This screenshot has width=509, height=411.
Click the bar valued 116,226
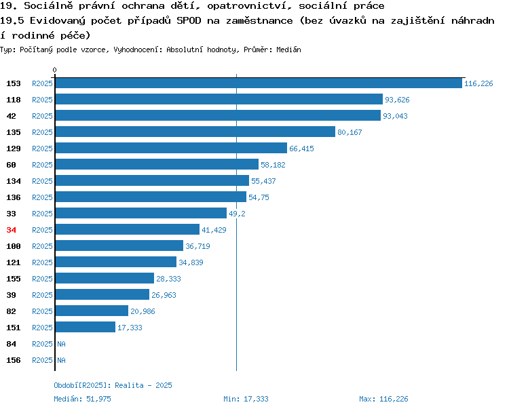pos(259,83)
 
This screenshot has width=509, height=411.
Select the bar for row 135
pos(195,132)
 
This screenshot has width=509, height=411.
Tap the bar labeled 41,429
pos(128,229)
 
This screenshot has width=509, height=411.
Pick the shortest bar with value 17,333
pos(86,327)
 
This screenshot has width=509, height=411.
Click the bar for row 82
pos(92,311)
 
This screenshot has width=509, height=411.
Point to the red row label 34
pos(11,230)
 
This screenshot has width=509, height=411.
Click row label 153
pos(14,83)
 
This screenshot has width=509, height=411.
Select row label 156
pos(14,360)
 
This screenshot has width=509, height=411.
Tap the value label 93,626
pos(397,100)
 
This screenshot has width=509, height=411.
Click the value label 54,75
pos(259,197)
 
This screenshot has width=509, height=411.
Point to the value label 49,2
pos(237,214)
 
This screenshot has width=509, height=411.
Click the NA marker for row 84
pos(61,344)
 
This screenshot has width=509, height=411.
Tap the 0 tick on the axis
pos(54,70)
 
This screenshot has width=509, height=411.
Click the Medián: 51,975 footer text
pos(82,399)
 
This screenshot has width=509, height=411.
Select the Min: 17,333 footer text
pos(246,399)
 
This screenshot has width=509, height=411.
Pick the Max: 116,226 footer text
pos(383,399)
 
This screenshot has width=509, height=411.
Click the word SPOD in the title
pos(189,21)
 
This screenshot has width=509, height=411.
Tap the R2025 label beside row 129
pos(42,149)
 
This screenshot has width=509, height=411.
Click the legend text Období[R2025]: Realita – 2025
pos(113,385)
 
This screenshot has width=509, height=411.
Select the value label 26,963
pos(164,295)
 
